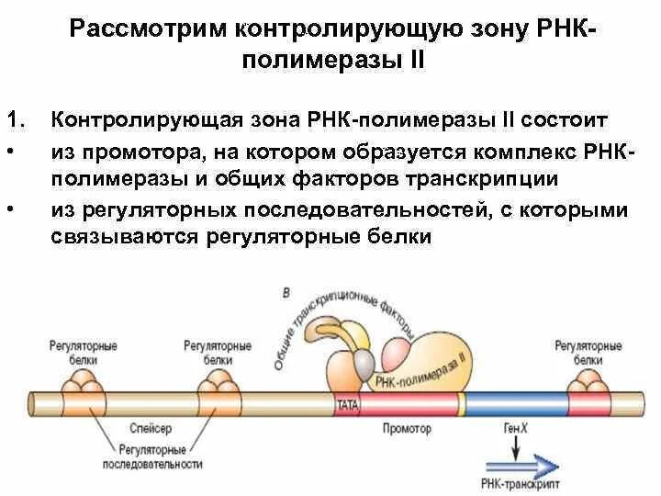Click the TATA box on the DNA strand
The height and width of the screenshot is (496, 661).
pyautogui.click(x=347, y=404)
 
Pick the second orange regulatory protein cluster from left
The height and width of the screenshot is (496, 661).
pyautogui.click(x=218, y=380)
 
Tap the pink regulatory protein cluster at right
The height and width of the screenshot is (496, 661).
pyautogui.click(x=588, y=380)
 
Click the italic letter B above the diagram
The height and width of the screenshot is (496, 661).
pyautogui.click(x=286, y=293)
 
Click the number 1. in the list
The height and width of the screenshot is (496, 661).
pyautogui.click(x=15, y=120)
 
